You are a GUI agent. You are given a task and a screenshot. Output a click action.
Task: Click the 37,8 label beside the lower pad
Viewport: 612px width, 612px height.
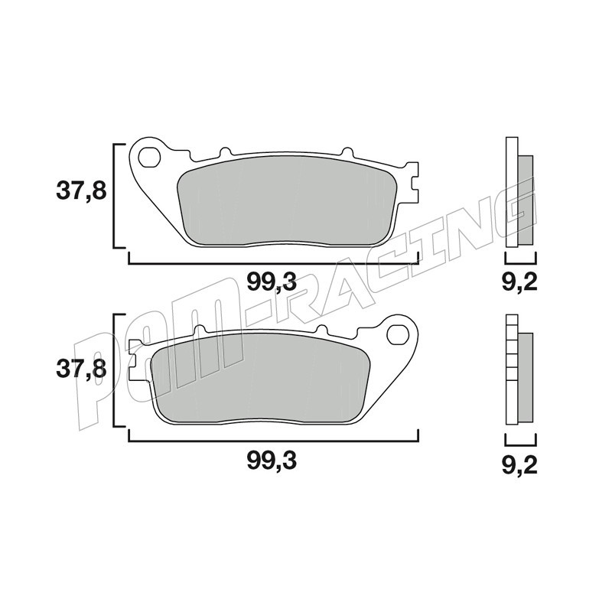click(x=81, y=369)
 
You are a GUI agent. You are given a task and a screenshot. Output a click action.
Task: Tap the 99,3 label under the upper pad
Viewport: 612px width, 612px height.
click(x=272, y=282)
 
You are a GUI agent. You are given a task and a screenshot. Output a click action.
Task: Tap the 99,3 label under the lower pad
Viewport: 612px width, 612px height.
click(x=272, y=461)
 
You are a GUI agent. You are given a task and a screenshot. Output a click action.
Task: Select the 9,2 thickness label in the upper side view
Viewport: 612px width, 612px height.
click(x=519, y=282)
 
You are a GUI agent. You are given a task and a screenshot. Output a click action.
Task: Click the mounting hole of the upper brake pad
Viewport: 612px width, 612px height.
click(x=149, y=157)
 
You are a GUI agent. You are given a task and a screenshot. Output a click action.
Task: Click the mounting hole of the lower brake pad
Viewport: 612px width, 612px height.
click(x=398, y=334)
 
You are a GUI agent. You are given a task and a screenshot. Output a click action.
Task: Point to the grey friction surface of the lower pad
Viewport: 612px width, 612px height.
click(x=260, y=379)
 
